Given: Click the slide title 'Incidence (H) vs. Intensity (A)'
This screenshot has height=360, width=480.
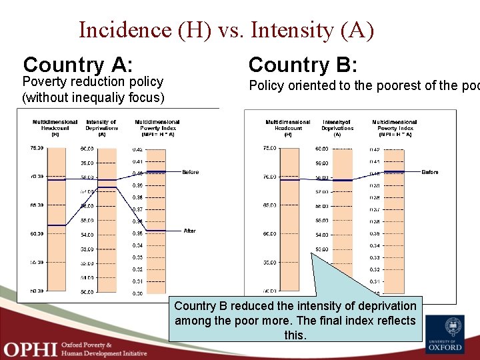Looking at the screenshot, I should click(x=226, y=30).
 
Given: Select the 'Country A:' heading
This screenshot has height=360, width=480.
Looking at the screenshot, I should click(x=78, y=65).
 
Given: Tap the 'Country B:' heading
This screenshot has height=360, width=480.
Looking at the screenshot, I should click(x=303, y=65).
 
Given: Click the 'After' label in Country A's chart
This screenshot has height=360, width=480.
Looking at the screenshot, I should click(x=190, y=231).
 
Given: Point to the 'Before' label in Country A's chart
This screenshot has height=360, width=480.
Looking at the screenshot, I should click(x=191, y=172).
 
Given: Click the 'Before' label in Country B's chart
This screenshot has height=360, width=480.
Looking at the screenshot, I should click(x=430, y=172).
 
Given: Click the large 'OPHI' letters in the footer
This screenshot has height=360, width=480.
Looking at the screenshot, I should click(x=29, y=348).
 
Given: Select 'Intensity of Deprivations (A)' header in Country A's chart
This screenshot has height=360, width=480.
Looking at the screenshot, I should click(x=101, y=127).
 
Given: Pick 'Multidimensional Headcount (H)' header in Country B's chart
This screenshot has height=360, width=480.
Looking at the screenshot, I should click(x=288, y=127).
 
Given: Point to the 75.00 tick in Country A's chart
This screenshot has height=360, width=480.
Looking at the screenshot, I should click(x=37, y=148).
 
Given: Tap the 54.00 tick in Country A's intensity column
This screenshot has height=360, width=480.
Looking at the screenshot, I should click(x=87, y=235).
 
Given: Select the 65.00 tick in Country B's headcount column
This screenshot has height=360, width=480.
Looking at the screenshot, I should click(x=269, y=205).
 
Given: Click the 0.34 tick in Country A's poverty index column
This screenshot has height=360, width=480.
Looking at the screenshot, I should click(x=137, y=245).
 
